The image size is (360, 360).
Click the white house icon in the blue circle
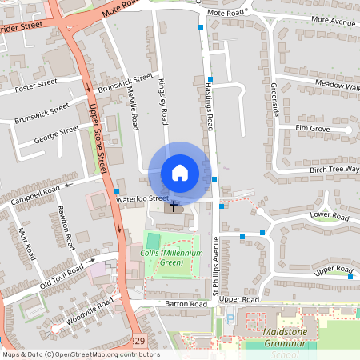point(179,173)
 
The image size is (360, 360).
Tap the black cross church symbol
point(174,206)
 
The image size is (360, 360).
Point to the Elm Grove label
point(312,128)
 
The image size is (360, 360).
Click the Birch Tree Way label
point(334,170)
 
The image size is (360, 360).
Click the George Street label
point(57,135)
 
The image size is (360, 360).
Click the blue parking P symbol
point(230,321)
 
